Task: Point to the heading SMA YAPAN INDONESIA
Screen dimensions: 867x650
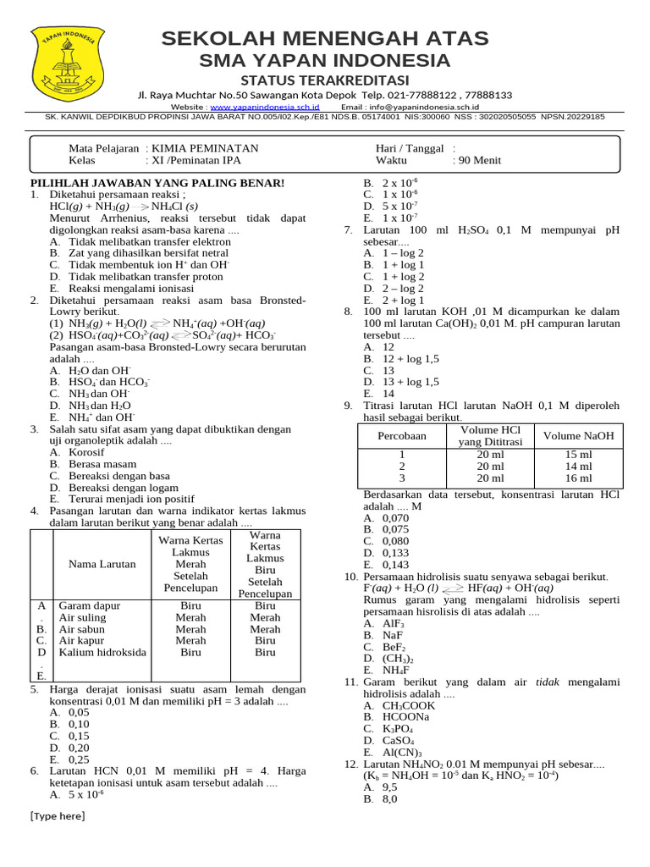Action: point(325,60)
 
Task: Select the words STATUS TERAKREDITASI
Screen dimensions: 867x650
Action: point(325,79)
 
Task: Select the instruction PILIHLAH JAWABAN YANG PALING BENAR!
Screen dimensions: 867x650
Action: point(157,183)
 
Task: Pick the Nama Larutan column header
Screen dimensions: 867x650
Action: point(94,564)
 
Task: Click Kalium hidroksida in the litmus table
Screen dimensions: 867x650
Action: point(102,652)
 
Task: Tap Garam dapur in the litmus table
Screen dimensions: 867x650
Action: point(90,606)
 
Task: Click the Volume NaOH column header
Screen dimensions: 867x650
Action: point(578,436)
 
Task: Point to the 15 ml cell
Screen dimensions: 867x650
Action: point(578,455)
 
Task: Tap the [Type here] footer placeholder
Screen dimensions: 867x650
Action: point(58,816)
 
